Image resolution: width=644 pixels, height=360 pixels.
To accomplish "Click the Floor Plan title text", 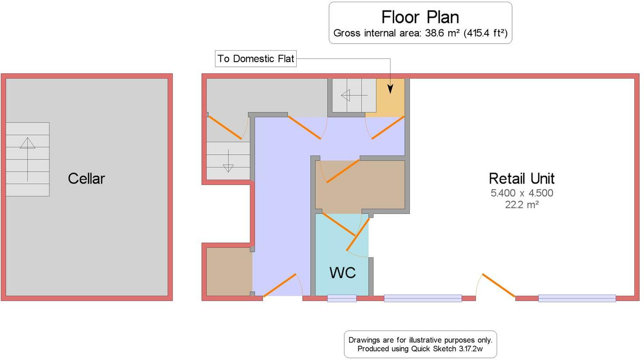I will (x=420, y=17).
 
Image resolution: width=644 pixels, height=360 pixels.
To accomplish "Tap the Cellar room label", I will (x=86, y=178).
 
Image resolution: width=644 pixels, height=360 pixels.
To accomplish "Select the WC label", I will (x=342, y=273).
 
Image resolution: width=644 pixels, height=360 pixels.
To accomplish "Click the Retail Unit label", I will (x=521, y=178).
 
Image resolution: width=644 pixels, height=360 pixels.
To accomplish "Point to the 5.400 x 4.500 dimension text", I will (x=521, y=193).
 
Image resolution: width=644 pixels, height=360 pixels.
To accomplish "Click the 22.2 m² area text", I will (x=521, y=204).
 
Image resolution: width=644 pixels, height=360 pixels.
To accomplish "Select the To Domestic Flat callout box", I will (x=256, y=59).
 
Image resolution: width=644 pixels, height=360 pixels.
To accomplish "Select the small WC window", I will (x=342, y=298).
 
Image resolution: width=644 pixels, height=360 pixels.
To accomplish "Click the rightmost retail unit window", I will (x=577, y=298).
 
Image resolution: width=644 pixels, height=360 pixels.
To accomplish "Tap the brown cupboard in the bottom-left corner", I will (x=229, y=271).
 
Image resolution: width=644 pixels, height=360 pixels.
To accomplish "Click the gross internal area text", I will (x=420, y=33).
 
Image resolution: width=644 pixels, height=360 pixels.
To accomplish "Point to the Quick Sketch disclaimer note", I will (x=420, y=344).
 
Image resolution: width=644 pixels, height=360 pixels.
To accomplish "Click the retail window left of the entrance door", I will (x=422, y=298).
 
